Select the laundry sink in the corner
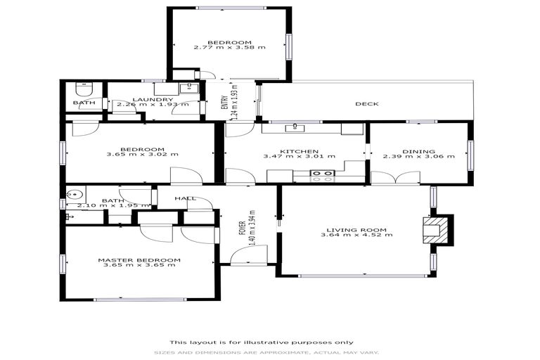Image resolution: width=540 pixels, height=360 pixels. click(187, 89)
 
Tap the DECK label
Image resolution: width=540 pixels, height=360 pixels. click(366, 104)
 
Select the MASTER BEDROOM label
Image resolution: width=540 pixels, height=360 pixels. click(139, 259)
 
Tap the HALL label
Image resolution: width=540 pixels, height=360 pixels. click(185, 198)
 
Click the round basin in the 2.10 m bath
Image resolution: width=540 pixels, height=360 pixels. click(75, 195)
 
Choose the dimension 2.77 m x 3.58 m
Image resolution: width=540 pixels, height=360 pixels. click(229, 48)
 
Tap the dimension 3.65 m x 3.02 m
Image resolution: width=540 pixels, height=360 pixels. click(142, 155)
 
